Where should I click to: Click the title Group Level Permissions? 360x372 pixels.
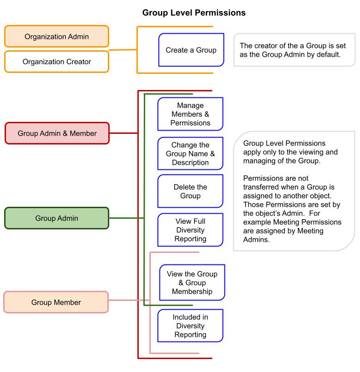point(194,13)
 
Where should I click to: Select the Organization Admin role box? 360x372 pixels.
point(57,36)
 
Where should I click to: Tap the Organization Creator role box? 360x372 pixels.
point(57,61)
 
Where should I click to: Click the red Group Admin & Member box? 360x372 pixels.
point(57,133)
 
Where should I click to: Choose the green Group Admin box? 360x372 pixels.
point(57,218)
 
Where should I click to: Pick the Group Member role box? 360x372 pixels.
point(56,303)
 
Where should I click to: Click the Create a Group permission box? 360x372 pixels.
point(191,50)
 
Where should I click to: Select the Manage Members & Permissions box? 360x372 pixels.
point(190,114)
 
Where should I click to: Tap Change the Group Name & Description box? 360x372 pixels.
point(190,154)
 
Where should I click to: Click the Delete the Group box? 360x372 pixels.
point(190,192)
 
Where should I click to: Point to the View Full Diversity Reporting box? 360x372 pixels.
point(190,230)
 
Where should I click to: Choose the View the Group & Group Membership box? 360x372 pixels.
point(192,282)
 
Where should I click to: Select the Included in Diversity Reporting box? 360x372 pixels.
point(190,326)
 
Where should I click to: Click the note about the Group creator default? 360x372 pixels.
point(293,50)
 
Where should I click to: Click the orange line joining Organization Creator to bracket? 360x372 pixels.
point(123,50)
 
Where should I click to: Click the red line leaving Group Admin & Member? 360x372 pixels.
point(124,133)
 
